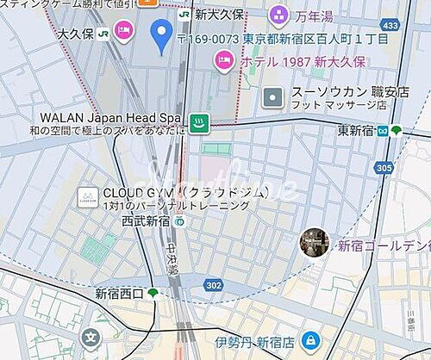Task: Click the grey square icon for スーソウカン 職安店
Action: [272, 97]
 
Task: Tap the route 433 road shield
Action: [390, 26]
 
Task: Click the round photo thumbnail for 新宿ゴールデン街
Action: [314, 244]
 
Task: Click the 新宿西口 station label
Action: [119, 294]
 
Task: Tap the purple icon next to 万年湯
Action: [278, 14]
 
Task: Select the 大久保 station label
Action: [76, 33]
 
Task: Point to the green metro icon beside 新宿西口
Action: [153, 294]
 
